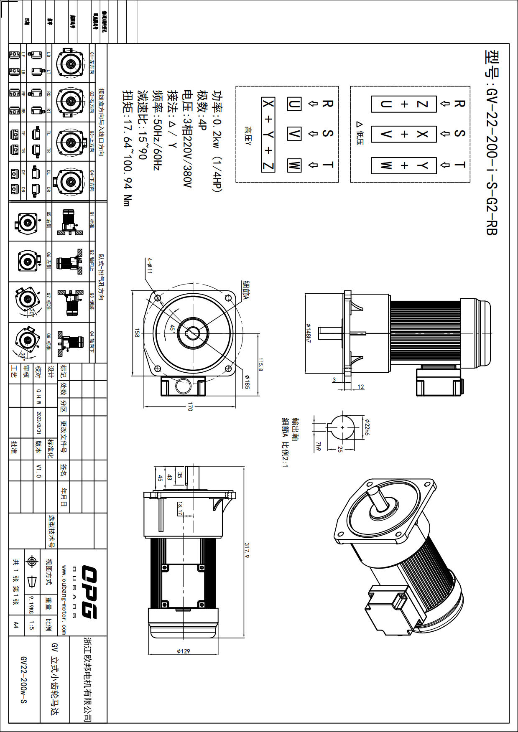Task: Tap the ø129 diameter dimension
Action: click(x=183, y=651)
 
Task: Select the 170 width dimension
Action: click(x=190, y=407)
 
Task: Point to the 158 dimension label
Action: click(x=137, y=333)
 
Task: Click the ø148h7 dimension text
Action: click(x=309, y=333)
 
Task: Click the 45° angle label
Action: click(x=172, y=328)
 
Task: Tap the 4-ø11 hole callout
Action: click(x=150, y=266)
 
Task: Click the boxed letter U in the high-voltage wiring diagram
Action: click(x=294, y=104)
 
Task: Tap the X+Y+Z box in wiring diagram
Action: click(x=268, y=135)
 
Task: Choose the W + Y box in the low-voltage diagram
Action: click(x=403, y=165)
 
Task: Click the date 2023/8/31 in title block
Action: click(x=39, y=422)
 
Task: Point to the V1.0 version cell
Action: click(x=39, y=470)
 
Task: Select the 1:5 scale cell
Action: click(x=32, y=625)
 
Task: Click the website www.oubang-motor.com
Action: click(x=64, y=600)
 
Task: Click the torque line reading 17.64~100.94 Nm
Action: click(x=127, y=148)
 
